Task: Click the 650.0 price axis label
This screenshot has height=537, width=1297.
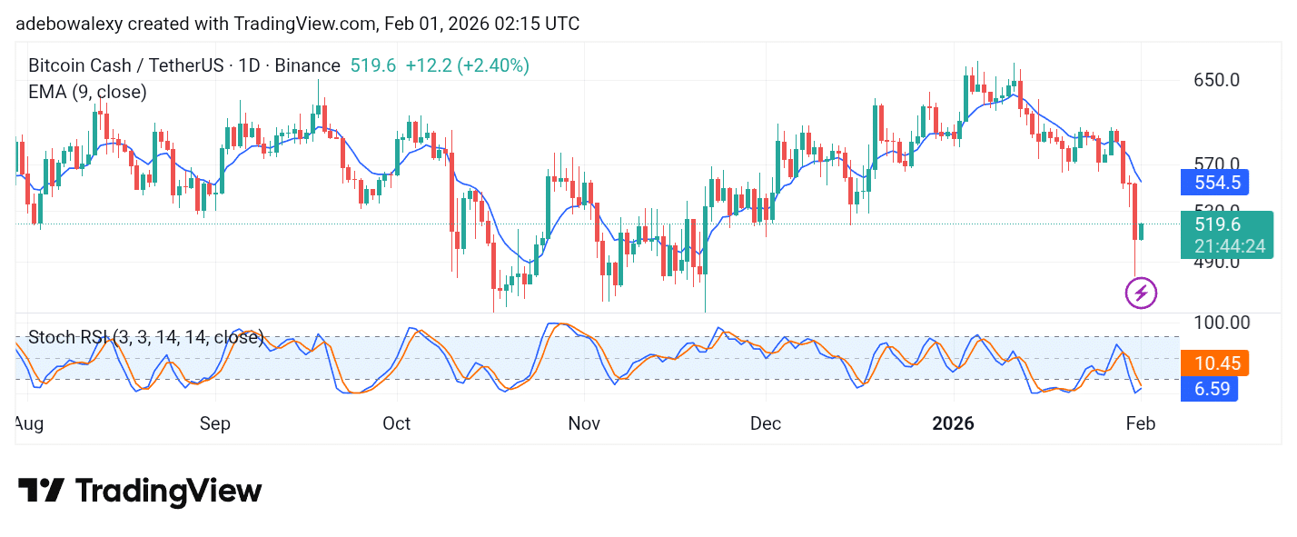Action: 1216,80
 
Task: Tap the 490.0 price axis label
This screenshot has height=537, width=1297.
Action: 1216,262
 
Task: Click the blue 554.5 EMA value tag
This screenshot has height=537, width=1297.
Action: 1216,183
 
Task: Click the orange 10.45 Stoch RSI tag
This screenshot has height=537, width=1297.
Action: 1215,363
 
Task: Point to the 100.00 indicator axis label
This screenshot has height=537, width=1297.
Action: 1221,323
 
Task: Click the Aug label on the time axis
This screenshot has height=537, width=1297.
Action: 29,423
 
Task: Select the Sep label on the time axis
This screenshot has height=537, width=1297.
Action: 215,423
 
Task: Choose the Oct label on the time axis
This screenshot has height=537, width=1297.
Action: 397,423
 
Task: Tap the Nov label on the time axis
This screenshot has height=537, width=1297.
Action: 584,423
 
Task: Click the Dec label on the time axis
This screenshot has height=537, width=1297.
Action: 766,423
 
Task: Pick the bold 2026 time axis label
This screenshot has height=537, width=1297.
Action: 954,423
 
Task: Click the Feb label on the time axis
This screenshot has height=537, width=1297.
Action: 1140,423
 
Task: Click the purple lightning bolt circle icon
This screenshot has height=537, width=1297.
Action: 1141,293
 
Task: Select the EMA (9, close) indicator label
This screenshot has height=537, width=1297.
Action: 87,92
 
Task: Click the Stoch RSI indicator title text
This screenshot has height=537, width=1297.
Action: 145,338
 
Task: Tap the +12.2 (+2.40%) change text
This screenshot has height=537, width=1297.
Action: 467,65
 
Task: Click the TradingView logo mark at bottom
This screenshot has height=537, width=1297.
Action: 42,491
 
